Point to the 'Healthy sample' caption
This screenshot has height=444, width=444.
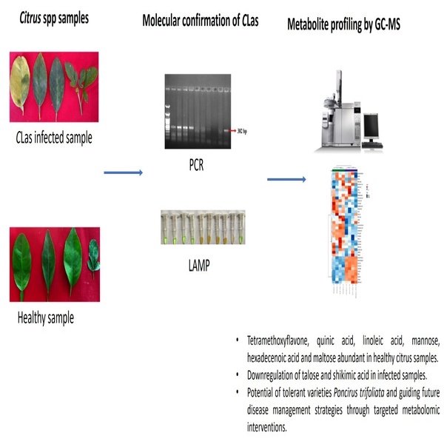[x=46, y=319]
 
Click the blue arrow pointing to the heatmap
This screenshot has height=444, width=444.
[x=286, y=180]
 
